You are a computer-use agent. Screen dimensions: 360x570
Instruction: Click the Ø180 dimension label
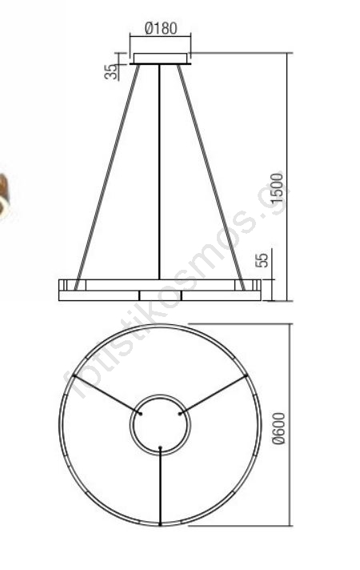coord(161,28)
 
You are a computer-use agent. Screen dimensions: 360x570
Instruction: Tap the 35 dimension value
coord(111,71)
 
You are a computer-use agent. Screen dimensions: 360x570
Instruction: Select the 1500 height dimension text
coord(278,188)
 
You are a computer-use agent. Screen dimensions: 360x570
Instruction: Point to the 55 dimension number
coord(262,259)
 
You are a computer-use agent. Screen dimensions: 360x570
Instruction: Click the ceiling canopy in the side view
coord(160,59)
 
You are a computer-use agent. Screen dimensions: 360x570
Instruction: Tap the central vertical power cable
coord(159,172)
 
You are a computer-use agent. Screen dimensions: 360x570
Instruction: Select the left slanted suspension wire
coord(107,178)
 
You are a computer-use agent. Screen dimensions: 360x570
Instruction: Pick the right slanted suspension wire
coord(211,178)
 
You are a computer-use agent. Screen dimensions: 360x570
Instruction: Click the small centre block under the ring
coord(160,295)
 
